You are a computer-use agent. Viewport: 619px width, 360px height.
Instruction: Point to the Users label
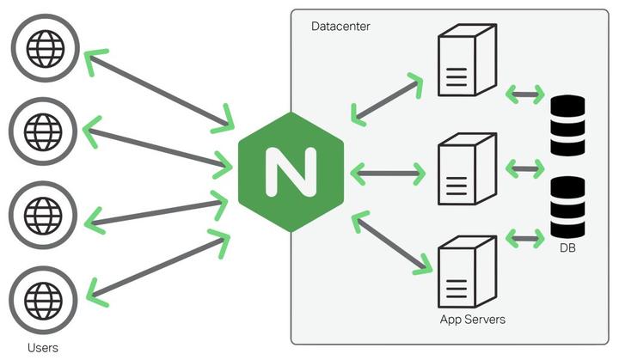(x=43, y=347)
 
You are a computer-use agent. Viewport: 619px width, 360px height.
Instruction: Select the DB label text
(x=567, y=248)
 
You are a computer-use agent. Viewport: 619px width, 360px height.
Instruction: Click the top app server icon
(x=466, y=61)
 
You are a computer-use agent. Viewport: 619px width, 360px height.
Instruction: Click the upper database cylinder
(x=567, y=125)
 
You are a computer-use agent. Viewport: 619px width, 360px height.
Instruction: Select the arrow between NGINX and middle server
(x=389, y=173)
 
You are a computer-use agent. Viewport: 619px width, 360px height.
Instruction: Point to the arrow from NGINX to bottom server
(x=389, y=245)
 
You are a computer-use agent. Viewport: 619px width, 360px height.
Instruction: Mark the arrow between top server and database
(x=525, y=91)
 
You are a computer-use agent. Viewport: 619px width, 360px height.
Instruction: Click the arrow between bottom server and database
(x=525, y=235)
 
